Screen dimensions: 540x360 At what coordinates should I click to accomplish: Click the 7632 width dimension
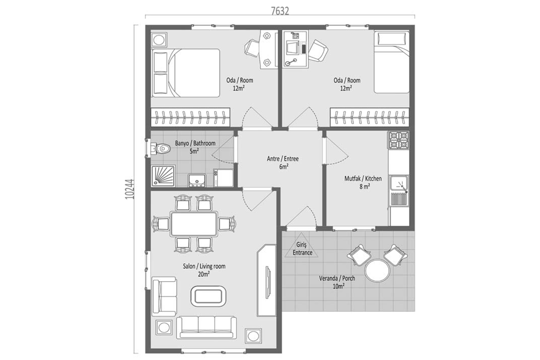280,11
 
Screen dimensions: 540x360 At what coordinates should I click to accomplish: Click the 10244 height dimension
130,189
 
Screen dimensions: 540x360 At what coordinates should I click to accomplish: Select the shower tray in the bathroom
163,176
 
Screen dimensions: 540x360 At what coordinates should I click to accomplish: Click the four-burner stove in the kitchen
398,140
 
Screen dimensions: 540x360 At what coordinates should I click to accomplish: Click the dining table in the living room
194,224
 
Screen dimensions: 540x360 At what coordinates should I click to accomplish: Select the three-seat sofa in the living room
207,328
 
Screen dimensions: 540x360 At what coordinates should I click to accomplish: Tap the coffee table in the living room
208,297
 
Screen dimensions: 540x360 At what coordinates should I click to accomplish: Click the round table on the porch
377,270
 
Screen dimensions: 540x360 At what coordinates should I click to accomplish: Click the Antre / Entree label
283,159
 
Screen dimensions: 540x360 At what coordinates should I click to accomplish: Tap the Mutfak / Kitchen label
363,179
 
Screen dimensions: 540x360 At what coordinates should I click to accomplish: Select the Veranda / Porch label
337,278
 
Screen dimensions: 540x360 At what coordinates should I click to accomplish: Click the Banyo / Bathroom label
195,143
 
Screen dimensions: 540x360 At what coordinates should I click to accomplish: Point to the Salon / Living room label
204,266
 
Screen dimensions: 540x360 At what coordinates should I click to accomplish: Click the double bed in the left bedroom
185,73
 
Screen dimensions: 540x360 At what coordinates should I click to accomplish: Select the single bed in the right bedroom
391,62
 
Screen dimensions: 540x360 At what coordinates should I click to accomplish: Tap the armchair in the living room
164,297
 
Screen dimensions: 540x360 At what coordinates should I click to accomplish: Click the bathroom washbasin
197,180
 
